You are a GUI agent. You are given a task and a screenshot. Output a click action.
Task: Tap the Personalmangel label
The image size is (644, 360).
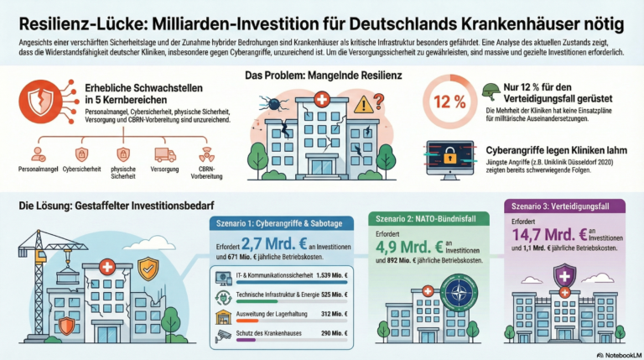[x=38, y=175]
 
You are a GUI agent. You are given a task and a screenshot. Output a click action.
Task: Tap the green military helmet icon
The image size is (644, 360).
[x=491, y=91]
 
